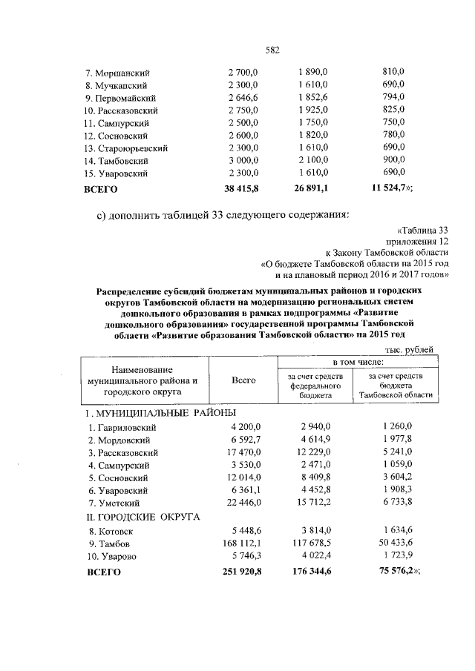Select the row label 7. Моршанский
pyautogui.click(x=118, y=73)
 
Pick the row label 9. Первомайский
pyautogui.click(x=122, y=98)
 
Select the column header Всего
pyautogui.click(x=243, y=380)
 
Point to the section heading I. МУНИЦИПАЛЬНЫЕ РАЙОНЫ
pyautogui.click(x=163, y=412)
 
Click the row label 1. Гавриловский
pyautogui.click(x=123, y=427)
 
